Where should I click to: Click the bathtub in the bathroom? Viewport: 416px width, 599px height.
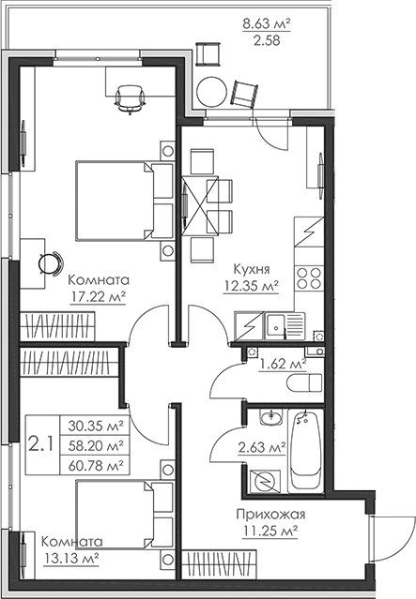[305, 449]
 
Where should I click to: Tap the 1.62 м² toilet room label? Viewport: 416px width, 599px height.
[282, 363]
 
